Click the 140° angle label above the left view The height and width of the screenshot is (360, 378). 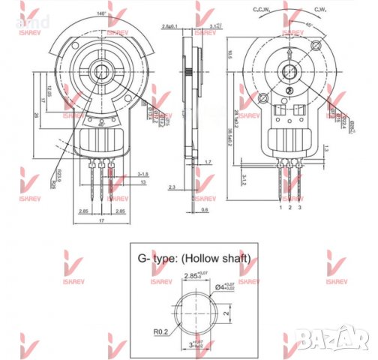[101, 14]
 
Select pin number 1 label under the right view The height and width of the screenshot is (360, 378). [280, 206]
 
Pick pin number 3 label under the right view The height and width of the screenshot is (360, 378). [300, 206]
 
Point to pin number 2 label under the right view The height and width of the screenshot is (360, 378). [290, 206]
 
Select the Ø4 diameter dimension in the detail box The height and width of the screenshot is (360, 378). [224, 284]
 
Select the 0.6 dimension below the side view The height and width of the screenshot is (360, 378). [205, 210]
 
